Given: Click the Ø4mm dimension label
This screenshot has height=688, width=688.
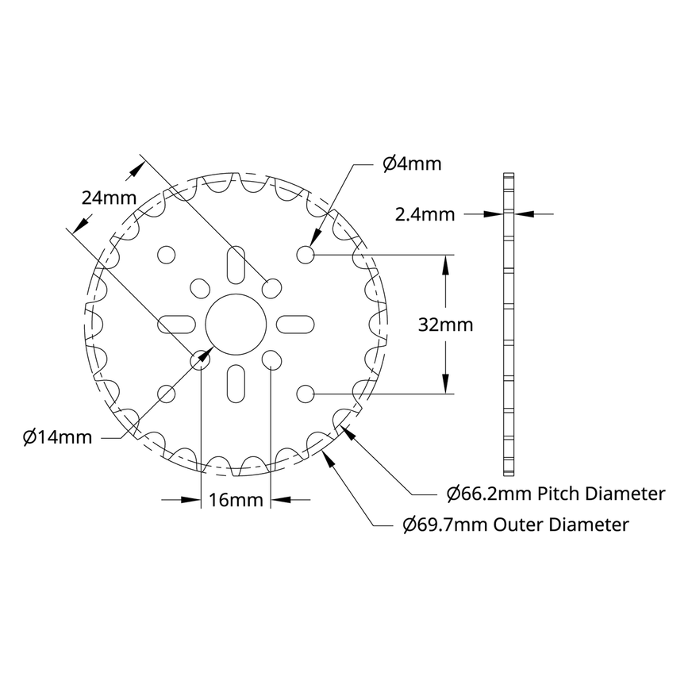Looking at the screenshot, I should [x=411, y=164].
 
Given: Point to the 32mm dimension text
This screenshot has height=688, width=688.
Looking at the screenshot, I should [x=444, y=324].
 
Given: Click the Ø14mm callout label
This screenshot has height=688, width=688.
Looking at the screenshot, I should [x=58, y=437].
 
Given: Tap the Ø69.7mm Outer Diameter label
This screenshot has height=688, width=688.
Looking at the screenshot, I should [x=515, y=525].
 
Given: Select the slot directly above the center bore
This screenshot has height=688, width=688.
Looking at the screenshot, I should [x=236, y=264].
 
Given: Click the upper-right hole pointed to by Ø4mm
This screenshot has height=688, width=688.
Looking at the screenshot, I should [x=306, y=254].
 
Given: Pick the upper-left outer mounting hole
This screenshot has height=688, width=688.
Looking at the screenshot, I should [x=167, y=254].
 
